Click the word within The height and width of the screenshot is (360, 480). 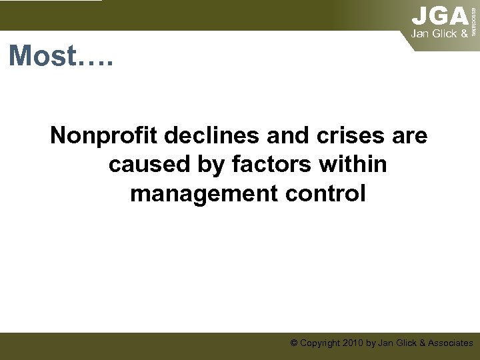pos(353,165)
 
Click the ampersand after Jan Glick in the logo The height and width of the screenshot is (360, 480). pos(463,33)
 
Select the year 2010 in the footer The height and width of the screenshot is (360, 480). pos(352,343)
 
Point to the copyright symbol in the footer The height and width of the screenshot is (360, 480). pos(293,343)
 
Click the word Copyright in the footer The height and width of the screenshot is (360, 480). pos(319,343)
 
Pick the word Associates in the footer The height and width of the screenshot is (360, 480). pos(451,343)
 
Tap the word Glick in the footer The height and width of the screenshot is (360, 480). pos(407,343)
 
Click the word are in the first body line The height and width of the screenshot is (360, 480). pos(411,136)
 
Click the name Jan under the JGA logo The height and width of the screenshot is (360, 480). pos(421,33)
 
